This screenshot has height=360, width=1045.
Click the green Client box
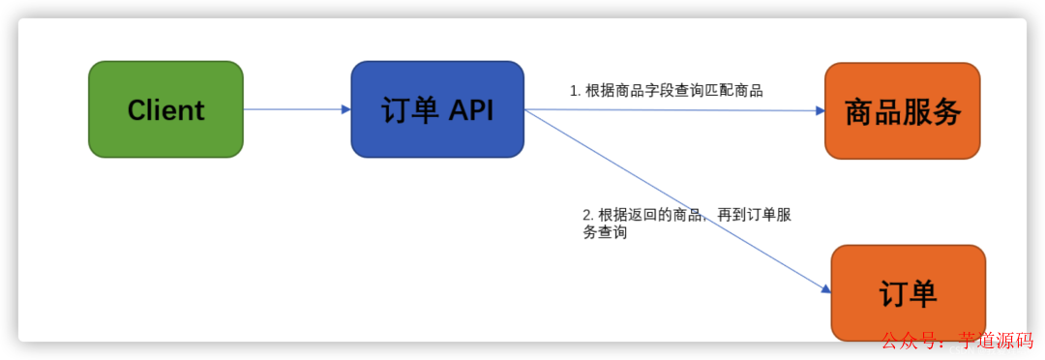click(165, 109)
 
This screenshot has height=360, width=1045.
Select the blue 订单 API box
click(437, 109)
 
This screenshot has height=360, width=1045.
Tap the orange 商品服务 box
click(902, 110)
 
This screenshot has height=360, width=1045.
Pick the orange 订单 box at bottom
click(908, 292)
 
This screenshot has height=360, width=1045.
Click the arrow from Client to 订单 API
click(295, 109)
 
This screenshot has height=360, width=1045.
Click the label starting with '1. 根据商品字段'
click(667, 91)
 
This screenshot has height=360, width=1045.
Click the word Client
click(165, 110)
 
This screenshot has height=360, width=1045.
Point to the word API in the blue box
click(471, 110)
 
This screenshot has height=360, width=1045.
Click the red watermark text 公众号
click(909, 341)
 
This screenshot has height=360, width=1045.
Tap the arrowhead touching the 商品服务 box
click(820, 111)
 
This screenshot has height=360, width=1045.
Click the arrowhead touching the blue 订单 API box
click(345, 109)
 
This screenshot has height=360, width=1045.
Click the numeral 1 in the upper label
click(574, 91)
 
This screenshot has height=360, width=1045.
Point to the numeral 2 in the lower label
click(586, 214)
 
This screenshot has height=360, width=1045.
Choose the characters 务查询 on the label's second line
click(605, 232)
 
